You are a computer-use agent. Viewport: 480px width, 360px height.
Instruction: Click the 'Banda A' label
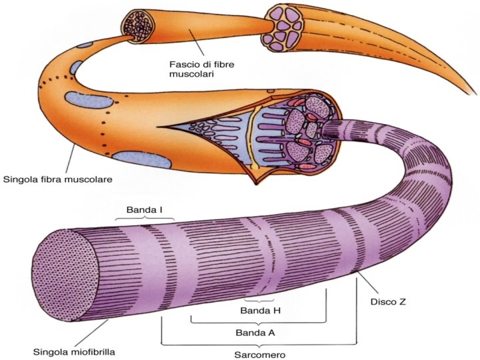click(256, 331)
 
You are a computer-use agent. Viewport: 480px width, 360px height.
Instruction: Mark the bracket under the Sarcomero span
click(261, 343)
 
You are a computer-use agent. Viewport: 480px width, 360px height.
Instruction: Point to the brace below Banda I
click(145, 219)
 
